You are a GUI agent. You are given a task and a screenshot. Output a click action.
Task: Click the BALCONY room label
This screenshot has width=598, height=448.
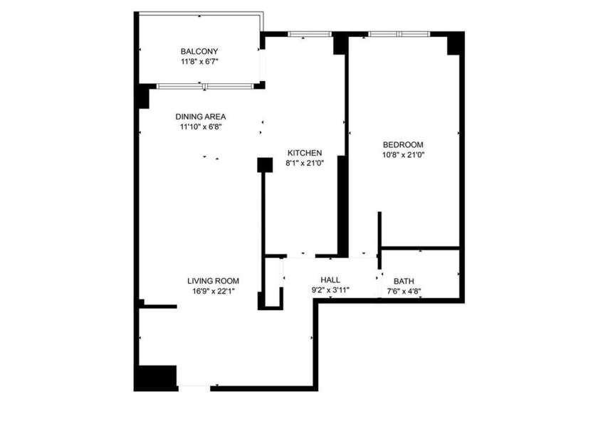click(x=199, y=51)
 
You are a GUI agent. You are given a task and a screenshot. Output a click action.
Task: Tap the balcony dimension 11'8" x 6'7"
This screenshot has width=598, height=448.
click(x=199, y=62)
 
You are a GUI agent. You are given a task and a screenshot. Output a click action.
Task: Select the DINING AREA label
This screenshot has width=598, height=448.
click(x=201, y=117)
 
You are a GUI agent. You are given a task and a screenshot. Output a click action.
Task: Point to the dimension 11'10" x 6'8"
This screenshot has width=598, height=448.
click(x=201, y=127)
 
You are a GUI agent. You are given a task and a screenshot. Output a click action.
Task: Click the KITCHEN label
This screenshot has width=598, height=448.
click(x=305, y=153)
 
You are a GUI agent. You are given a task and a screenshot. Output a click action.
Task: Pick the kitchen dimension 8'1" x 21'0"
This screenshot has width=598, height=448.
click(x=305, y=164)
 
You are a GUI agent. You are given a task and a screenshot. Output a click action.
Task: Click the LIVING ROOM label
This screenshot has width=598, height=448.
click(x=213, y=280)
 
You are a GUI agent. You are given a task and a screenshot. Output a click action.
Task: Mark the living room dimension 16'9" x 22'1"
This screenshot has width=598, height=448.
click(x=213, y=290)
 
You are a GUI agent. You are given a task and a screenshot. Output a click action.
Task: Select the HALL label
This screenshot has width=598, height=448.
click(x=330, y=280)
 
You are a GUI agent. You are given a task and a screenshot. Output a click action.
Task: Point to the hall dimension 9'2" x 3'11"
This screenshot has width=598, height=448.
click(x=330, y=290)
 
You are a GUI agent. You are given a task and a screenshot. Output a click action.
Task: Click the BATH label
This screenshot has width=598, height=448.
click(x=404, y=281)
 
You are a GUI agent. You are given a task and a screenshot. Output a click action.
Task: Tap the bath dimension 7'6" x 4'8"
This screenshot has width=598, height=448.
click(x=404, y=291)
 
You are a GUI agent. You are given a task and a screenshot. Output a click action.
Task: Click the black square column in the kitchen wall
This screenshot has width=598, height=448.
click(x=265, y=165)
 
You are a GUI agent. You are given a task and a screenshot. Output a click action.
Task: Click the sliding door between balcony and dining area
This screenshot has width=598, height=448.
click(x=204, y=87)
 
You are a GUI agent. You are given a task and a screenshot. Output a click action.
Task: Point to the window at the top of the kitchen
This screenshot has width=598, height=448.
click(x=310, y=33)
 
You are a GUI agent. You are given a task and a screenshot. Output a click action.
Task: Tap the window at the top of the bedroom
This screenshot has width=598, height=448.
click(x=399, y=33)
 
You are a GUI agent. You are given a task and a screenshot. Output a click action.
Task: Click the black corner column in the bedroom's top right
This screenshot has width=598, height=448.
click(x=455, y=44)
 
